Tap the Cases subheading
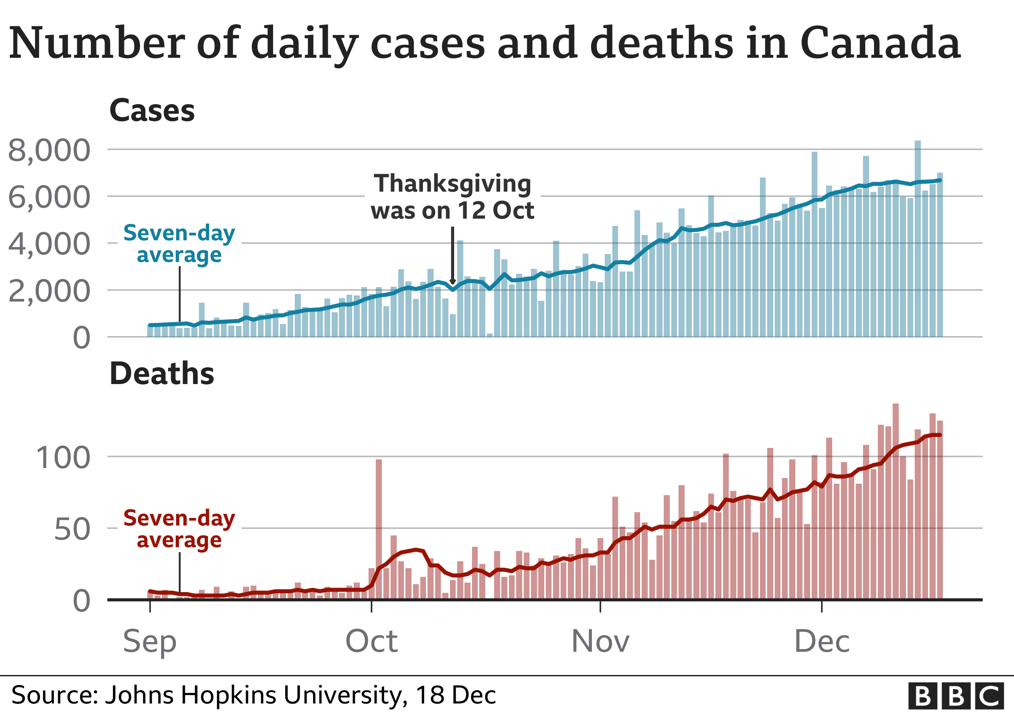point(152,110)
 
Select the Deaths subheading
point(162,373)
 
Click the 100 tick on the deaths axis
point(63,458)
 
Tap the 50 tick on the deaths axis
point(72,529)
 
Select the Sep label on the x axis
point(150,642)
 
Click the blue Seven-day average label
point(179,244)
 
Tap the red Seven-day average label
point(179,529)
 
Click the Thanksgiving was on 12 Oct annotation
point(452,197)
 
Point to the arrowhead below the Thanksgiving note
point(453,281)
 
